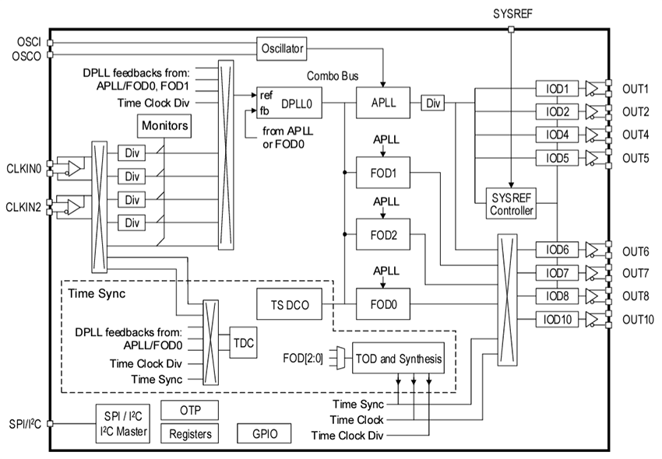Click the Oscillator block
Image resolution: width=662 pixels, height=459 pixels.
pyautogui.click(x=280, y=49)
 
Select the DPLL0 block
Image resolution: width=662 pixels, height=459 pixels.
pyautogui.click(x=290, y=103)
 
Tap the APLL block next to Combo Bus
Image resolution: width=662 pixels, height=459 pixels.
pyautogui.click(x=383, y=103)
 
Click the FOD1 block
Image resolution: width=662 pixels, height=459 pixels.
pyautogui.click(x=383, y=172)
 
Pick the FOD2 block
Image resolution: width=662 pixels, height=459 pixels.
pyautogui.click(x=383, y=234)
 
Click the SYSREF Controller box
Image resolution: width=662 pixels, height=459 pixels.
pyautogui.click(x=511, y=202)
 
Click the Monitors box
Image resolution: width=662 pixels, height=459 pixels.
pyautogui.click(x=164, y=124)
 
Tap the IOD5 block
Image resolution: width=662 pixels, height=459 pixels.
pyautogui.click(x=557, y=158)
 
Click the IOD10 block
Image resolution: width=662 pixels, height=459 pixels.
pyautogui.click(x=557, y=320)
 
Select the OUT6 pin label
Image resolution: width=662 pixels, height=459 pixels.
pyautogui.click(x=636, y=251)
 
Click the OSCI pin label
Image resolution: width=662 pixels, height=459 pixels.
pyautogui.click(x=28, y=40)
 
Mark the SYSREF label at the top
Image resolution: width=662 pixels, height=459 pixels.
pyautogui.click(x=510, y=14)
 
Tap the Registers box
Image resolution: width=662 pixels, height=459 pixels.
pyautogui.click(x=188, y=433)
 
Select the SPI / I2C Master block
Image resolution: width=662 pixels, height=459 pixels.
pyautogui.click(x=121, y=424)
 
